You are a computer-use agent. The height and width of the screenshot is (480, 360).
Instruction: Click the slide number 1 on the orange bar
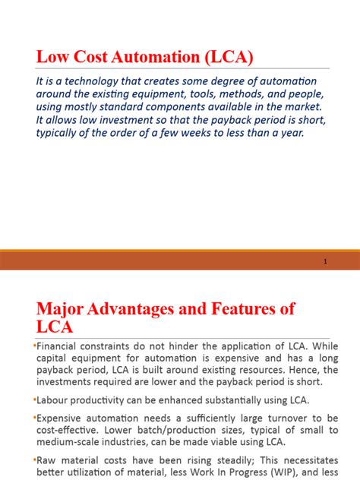pyautogui.click(x=325, y=261)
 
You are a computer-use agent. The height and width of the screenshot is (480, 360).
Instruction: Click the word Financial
pyautogui.click(x=62, y=346)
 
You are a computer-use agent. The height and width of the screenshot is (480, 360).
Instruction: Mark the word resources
pyautogui.click(x=250, y=370)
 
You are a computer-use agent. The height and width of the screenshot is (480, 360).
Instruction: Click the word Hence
pyautogui.click(x=292, y=370)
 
